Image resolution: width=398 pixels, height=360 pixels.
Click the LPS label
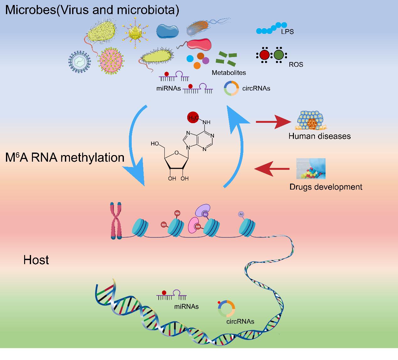287,31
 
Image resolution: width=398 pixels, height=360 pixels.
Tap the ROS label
296,65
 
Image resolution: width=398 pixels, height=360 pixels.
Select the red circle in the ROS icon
264,55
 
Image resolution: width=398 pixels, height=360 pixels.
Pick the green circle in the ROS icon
279,55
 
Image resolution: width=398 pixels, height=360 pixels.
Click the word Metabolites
229,73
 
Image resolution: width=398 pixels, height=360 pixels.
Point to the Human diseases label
319,136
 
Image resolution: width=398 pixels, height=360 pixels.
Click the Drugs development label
326,187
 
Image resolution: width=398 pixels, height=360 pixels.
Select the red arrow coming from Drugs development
272,169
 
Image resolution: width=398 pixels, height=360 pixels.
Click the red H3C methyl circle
193,118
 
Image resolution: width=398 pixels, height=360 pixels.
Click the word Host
36,260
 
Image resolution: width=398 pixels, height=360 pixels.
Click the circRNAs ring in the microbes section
232,88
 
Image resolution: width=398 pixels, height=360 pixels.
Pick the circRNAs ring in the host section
226,309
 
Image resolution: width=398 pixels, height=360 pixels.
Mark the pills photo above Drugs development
311,169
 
